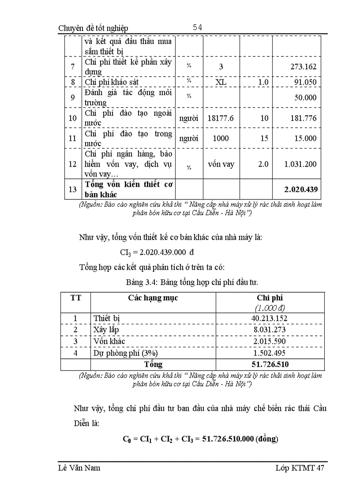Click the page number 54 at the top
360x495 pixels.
(197, 28)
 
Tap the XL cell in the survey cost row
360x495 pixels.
(221, 82)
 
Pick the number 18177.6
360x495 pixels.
(221, 118)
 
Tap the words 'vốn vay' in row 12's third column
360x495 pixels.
(221, 164)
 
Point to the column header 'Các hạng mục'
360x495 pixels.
(153, 298)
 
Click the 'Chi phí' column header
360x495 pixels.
(270, 298)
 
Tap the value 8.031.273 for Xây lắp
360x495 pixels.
(270, 330)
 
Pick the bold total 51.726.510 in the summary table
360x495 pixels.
(270, 364)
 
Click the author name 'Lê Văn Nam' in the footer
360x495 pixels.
(79, 468)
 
